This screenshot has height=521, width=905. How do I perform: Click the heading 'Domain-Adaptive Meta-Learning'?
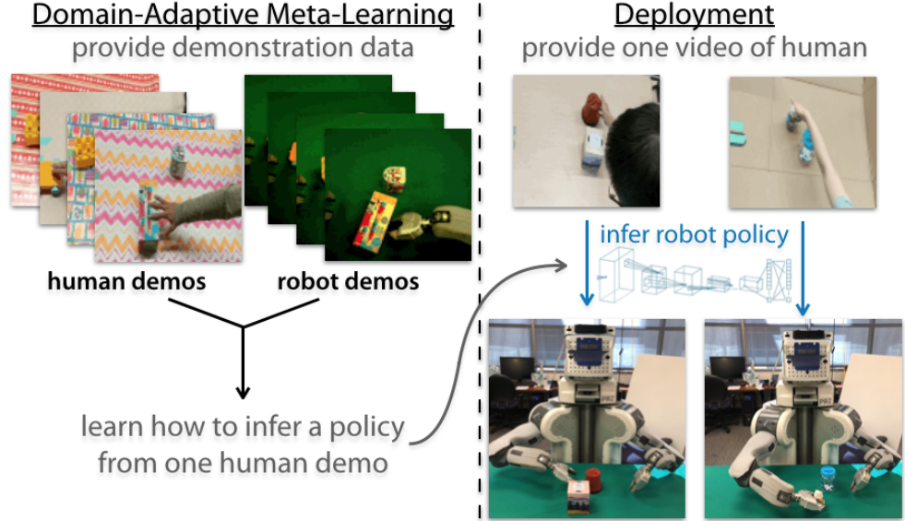click(x=232, y=16)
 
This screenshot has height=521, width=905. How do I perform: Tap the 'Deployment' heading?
click(x=694, y=16)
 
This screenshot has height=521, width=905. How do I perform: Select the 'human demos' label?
click(x=126, y=282)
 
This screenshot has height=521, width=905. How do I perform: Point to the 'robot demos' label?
click(x=348, y=282)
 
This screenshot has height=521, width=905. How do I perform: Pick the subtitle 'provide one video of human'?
click(x=694, y=48)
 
